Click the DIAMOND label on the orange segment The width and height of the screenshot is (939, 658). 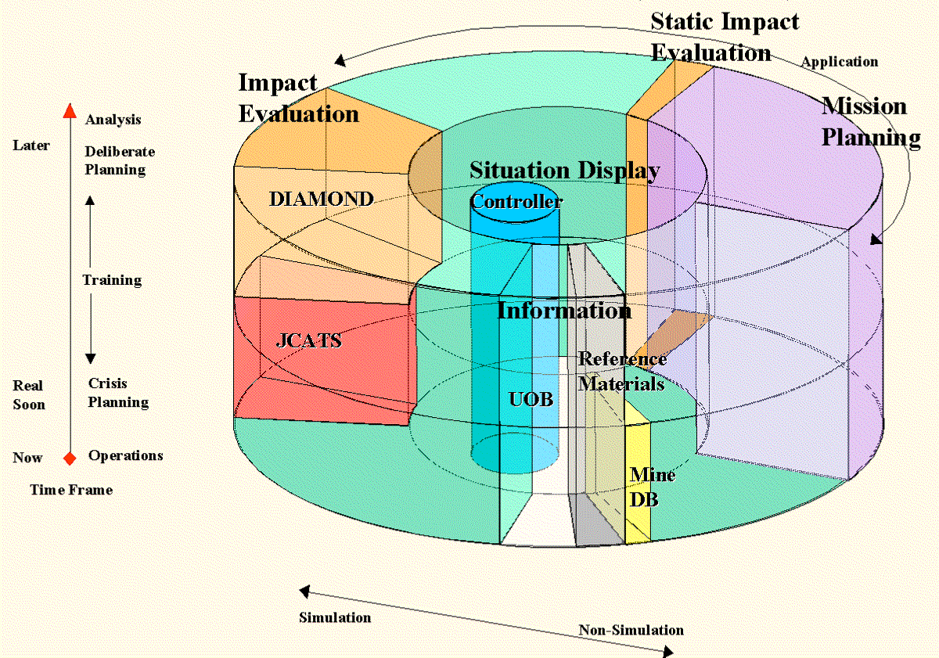click(x=321, y=200)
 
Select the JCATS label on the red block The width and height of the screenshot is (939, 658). click(x=308, y=341)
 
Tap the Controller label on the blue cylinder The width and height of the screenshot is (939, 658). click(x=516, y=202)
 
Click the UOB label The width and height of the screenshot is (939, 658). click(x=531, y=400)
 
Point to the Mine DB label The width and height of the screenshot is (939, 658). click(x=652, y=487)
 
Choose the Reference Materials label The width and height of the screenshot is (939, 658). click(x=622, y=371)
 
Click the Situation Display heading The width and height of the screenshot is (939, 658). click(x=564, y=171)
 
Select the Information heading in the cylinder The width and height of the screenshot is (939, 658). click(x=564, y=311)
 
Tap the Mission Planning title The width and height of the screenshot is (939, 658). click(x=869, y=121)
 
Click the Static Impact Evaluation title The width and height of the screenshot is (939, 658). click(x=725, y=37)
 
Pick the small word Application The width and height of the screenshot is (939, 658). click(x=839, y=62)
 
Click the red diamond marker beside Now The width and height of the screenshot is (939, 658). click(x=70, y=458)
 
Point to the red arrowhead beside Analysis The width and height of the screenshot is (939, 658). click(x=70, y=110)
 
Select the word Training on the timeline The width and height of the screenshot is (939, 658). click(x=112, y=280)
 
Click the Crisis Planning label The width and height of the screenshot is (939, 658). click(x=117, y=393)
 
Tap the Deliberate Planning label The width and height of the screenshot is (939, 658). click(x=119, y=160)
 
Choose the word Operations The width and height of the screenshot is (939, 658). click(x=125, y=455)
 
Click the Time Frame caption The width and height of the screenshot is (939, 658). click(x=71, y=490)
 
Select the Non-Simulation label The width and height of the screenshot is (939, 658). click(x=631, y=631)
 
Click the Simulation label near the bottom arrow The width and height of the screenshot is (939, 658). click(x=335, y=617)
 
